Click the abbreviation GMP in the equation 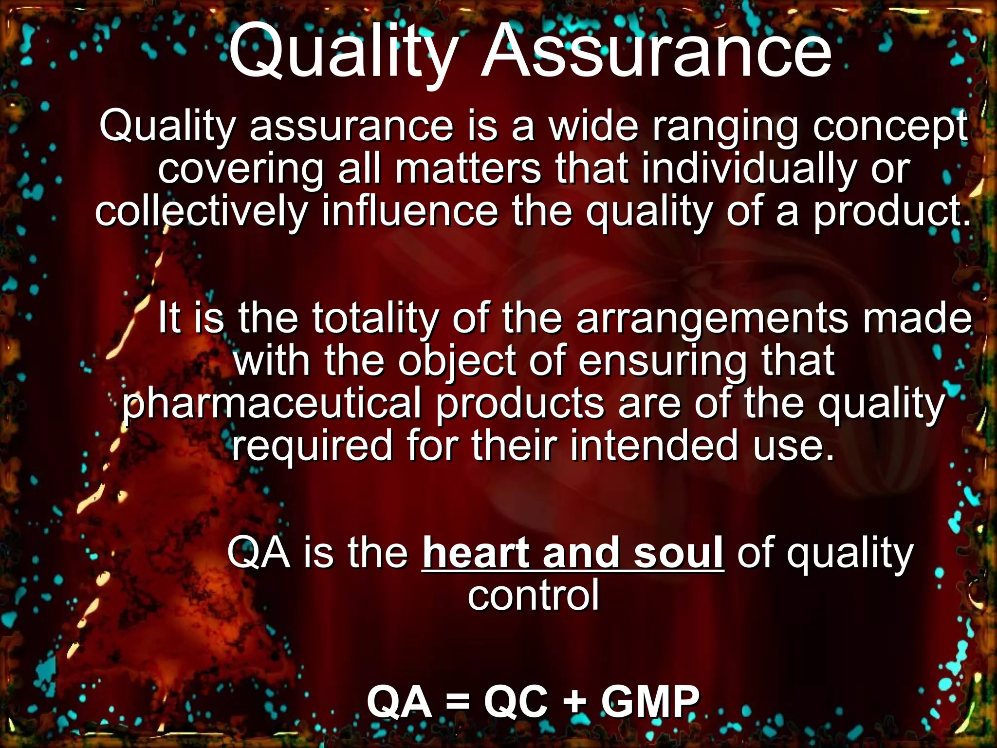click(x=650, y=702)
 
